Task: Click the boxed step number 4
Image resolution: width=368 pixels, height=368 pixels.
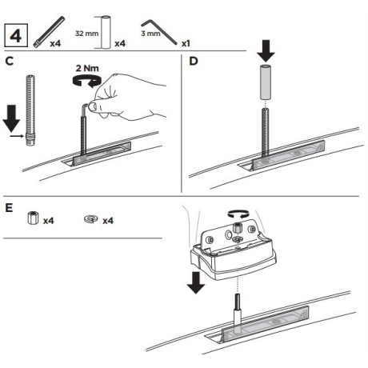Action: pyautogui.click(x=16, y=35)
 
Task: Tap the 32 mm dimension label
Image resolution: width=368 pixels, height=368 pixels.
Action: pyautogui.click(x=87, y=34)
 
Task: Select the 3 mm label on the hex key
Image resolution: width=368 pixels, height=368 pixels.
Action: pyautogui.click(x=150, y=34)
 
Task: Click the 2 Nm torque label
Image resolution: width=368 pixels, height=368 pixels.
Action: pyautogui.click(x=87, y=68)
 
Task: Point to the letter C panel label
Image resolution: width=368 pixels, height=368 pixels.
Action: pyautogui.click(x=10, y=62)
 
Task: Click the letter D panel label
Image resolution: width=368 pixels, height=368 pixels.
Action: pyautogui.click(x=194, y=62)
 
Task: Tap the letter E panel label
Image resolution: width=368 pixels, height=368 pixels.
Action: pyautogui.click(x=9, y=208)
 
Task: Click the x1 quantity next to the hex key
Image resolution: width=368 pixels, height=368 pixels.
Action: pyautogui.click(x=186, y=43)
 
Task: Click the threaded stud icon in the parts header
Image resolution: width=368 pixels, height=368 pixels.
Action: pyautogui.click(x=49, y=32)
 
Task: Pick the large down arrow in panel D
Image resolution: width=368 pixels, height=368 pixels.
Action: pyautogui.click(x=266, y=51)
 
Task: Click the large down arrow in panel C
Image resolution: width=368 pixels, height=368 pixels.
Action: pyautogui.click(x=11, y=118)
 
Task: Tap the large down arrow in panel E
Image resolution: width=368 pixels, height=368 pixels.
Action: pyautogui.click(x=196, y=282)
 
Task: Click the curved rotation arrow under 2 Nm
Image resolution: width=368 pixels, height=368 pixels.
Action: pyautogui.click(x=86, y=81)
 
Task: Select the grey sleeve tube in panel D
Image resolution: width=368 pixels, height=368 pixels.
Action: pyautogui.click(x=265, y=82)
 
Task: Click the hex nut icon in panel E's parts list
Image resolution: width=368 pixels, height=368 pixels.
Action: pyautogui.click(x=34, y=218)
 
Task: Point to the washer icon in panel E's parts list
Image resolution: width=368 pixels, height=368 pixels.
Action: pyautogui.click(x=91, y=219)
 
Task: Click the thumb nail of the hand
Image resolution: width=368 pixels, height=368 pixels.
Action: pyautogui.click(x=93, y=106)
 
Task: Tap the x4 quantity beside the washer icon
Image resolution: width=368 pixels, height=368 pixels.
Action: pyautogui.click(x=108, y=221)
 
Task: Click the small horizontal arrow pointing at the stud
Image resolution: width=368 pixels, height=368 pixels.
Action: pyautogui.click(x=17, y=136)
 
